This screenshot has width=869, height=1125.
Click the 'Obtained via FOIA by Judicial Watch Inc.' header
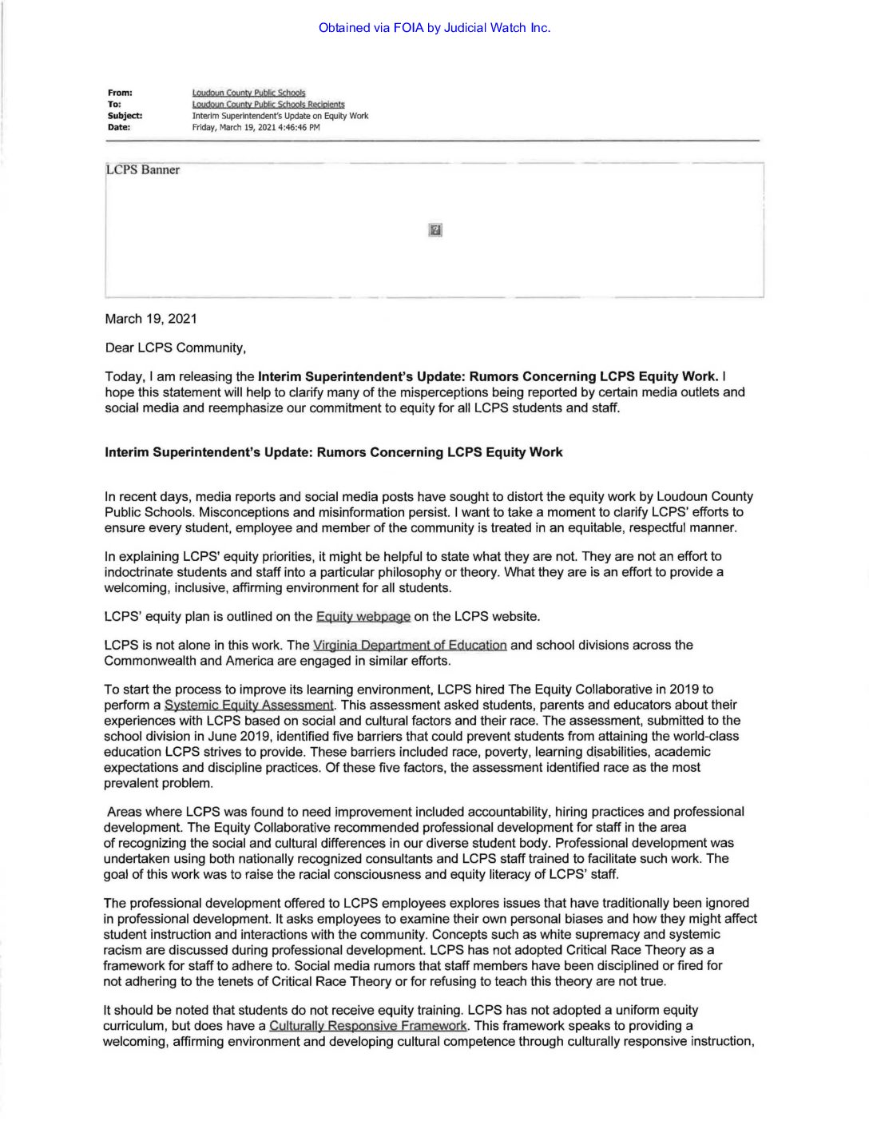[434, 28]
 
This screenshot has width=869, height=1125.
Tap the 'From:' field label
[120, 93]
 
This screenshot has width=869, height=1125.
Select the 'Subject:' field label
[125, 116]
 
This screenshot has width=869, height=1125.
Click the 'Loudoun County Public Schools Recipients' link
[268, 105]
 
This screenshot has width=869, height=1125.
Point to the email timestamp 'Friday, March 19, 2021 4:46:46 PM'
[256, 127]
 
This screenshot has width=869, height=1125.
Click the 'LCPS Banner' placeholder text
[143, 170]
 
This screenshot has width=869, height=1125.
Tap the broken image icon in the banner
[435, 230]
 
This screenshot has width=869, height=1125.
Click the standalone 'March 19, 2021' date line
[151, 319]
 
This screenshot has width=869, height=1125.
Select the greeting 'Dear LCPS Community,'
[176, 348]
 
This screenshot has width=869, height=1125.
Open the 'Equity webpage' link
[363, 617]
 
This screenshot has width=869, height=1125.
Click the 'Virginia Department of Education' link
[410, 646]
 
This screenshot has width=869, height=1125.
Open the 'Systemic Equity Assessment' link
[249, 706]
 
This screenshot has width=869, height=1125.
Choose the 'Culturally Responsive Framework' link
[368, 1026]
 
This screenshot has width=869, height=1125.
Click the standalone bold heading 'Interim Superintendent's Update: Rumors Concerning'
[334, 452]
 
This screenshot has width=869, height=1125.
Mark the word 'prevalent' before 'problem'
[130, 783]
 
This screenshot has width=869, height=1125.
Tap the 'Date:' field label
[119, 127]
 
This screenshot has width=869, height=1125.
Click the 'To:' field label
[113, 105]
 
